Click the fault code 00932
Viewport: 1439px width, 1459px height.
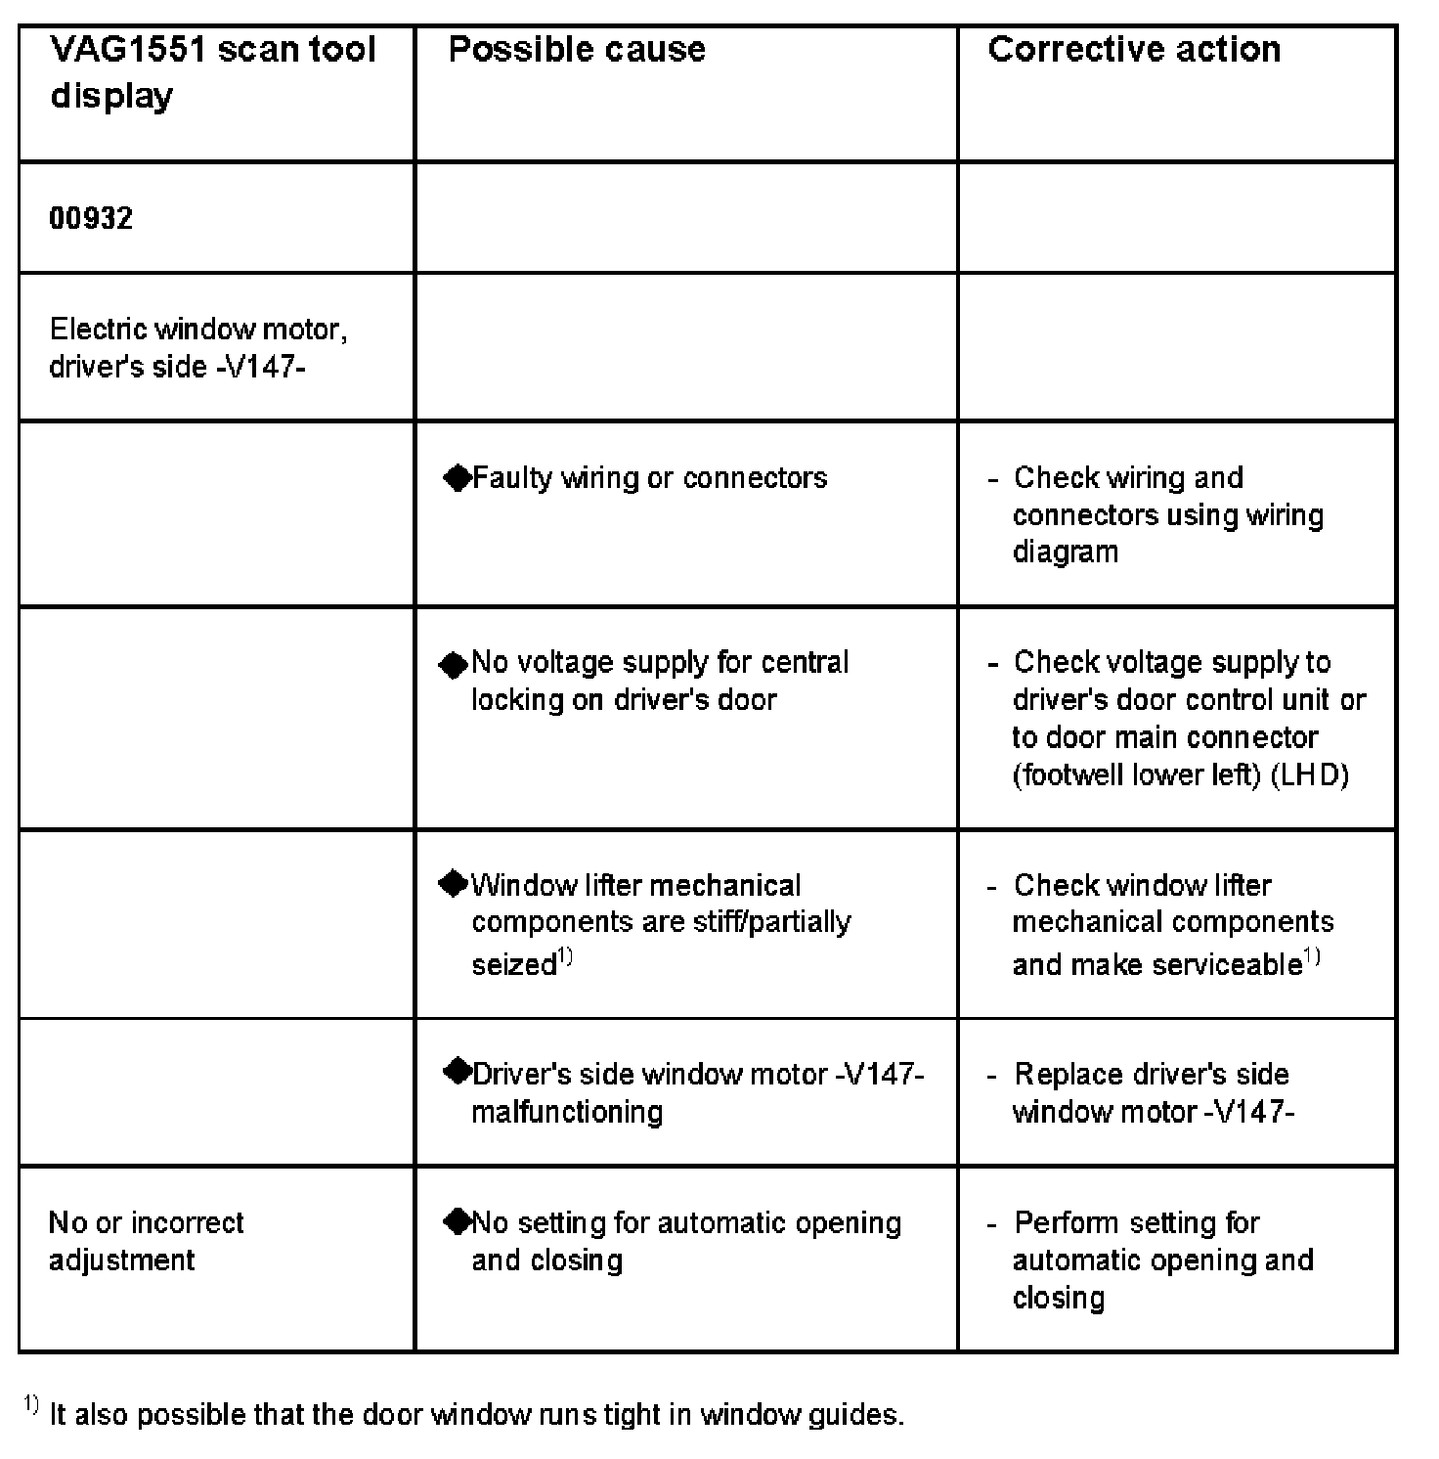tap(91, 217)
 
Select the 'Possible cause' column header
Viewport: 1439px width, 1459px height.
tap(577, 50)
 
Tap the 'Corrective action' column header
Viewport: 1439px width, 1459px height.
tap(1134, 50)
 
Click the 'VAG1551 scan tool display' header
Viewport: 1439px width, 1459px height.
tap(212, 72)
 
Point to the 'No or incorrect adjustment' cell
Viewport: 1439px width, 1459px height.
tap(147, 1241)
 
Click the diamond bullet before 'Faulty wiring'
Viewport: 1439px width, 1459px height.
tap(457, 478)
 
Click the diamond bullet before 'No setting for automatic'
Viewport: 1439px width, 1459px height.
tap(457, 1221)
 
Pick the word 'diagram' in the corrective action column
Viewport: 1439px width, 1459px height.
tap(1066, 553)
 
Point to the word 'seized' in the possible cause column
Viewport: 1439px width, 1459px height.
tap(514, 965)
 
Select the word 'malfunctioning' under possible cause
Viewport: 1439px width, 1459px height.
tap(567, 1112)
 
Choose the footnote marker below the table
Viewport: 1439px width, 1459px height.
tap(31, 1405)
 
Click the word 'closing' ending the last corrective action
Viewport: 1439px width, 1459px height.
tap(1059, 1299)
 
